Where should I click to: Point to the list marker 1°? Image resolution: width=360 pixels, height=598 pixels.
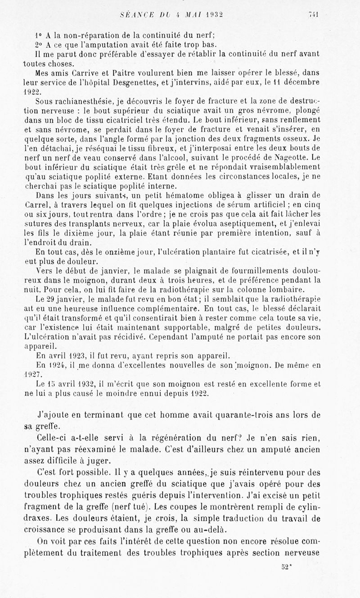click(x=38, y=35)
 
